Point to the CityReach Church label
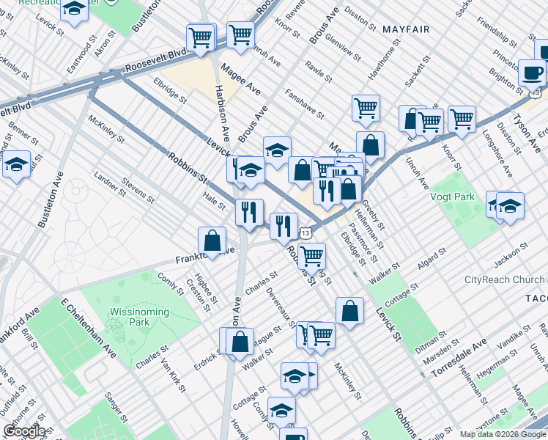coord(505,279)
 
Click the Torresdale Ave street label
coord(459,357)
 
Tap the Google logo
coord(24,431)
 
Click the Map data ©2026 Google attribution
coord(503,434)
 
